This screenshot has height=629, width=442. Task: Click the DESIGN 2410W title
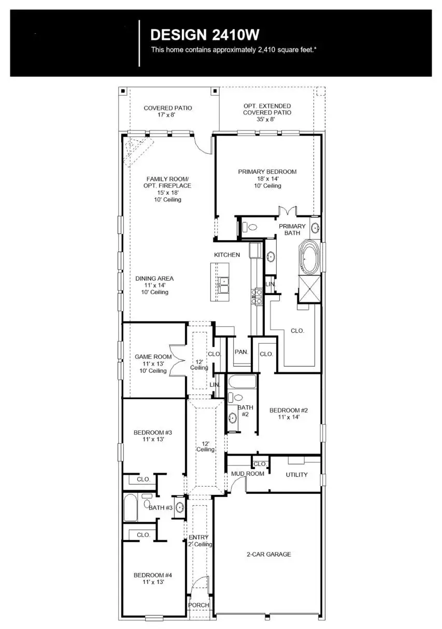coord(204,35)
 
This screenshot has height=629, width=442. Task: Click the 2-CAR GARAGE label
coord(268,554)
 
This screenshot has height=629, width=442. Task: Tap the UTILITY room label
coord(296,475)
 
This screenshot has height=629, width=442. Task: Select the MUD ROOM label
coord(247,474)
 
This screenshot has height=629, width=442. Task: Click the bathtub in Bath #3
coord(130,508)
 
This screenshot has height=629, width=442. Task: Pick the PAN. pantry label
coord(241,352)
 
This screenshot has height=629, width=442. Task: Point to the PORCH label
coord(198,605)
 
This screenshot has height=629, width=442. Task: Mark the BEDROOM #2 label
coord(289,413)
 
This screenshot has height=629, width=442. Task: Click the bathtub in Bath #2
coord(242,383)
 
